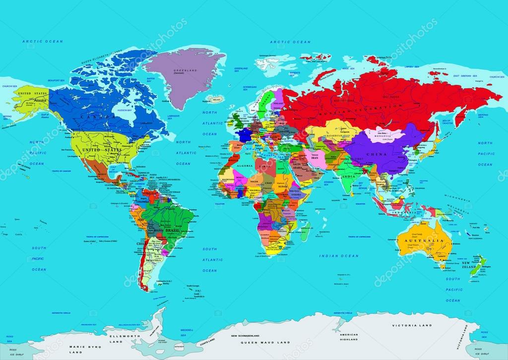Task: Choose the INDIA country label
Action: [349, 177]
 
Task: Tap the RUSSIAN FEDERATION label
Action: [377, 106]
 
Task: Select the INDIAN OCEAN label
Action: [339, 256]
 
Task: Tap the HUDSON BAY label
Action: [123, 110]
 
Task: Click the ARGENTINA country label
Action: [153, 260]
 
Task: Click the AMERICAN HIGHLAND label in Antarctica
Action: [349, 337]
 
